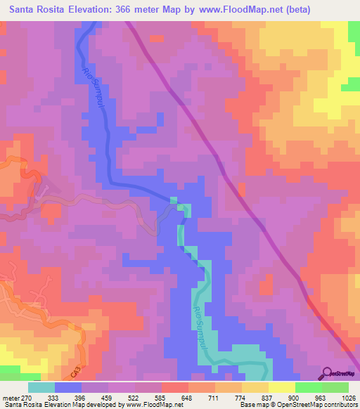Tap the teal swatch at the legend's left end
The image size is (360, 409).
coord(41,387)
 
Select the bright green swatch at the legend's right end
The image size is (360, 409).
coord(335,387)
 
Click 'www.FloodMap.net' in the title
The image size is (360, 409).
coord(238,9)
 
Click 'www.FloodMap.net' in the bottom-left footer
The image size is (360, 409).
coord(149,405)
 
